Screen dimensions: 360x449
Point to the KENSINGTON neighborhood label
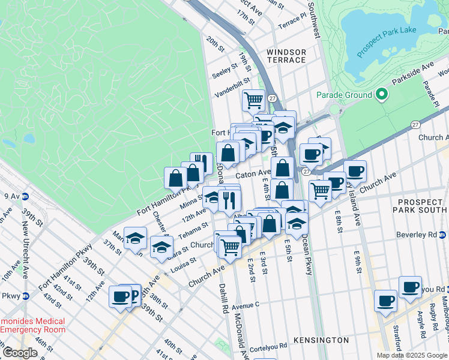[322, 340]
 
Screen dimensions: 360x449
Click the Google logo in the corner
[20, 353]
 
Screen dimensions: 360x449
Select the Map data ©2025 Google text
[412, 355]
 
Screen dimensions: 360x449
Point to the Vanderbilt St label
[232, 88]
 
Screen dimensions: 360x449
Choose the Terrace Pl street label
[292, 22]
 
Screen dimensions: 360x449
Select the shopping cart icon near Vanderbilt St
[254, 100]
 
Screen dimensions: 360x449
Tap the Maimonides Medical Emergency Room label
[32, 325]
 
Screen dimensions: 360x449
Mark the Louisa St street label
[183, 263]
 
